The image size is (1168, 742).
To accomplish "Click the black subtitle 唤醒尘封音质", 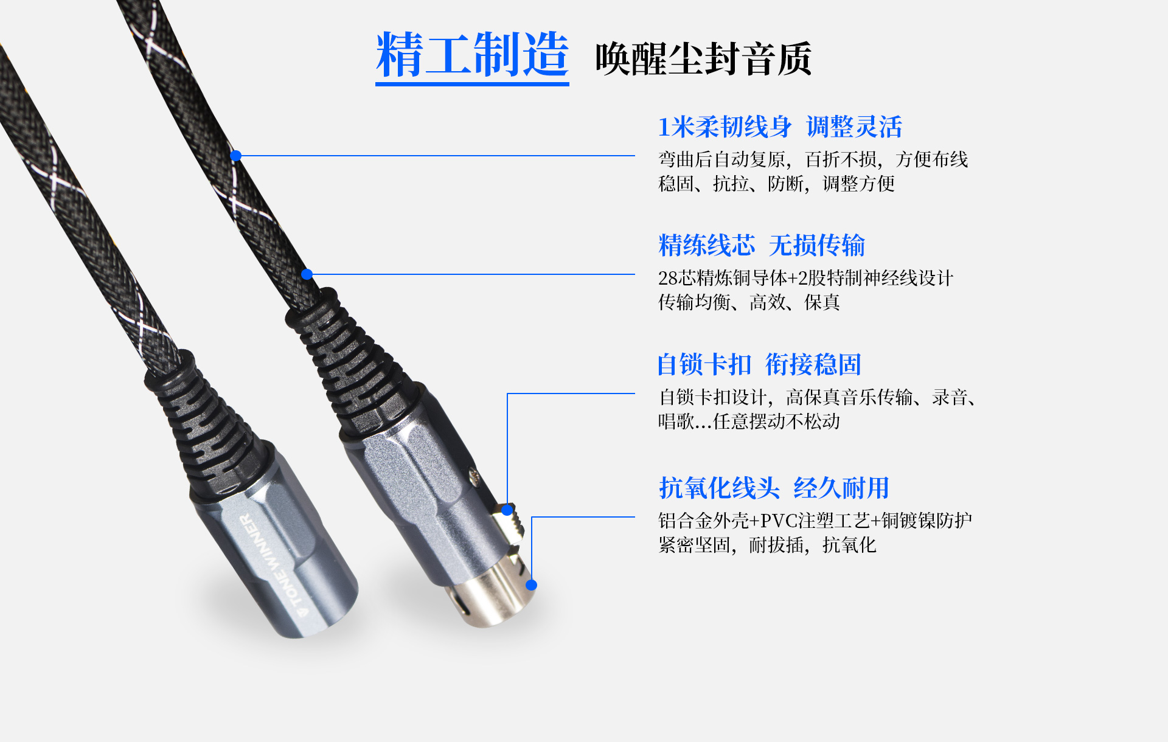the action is (703, 59).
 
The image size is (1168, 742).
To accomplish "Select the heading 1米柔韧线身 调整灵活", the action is (780, 127).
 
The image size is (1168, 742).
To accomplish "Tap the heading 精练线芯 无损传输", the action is (762, 246).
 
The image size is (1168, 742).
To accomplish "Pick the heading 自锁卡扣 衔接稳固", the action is (759, 365).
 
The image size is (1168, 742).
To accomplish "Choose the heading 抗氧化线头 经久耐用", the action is (774, 488).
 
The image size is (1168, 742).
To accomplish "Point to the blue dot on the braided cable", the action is (236, 156).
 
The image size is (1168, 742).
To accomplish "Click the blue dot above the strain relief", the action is (307, 274).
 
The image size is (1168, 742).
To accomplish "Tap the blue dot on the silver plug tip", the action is (531, 585).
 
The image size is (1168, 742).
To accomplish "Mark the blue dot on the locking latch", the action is (507, 510).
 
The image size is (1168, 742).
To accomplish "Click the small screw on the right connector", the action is (473, 476).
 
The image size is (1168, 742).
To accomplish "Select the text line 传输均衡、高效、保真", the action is (749, 302).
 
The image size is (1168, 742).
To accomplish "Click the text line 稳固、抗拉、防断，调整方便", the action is (776, 184).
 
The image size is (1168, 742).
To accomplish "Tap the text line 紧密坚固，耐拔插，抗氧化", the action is (767, 545).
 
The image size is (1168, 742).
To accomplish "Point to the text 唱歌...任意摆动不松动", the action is (749, 421).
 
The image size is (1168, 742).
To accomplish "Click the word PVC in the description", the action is (779, 521).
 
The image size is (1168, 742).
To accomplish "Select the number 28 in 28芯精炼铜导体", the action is (667, 279).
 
